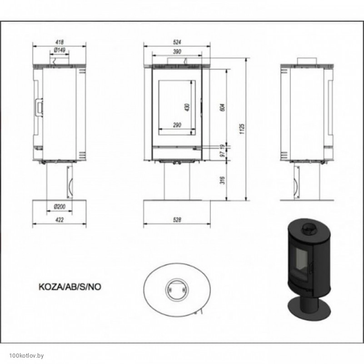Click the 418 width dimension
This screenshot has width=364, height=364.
point(60,42)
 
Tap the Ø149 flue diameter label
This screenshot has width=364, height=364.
point(60,50)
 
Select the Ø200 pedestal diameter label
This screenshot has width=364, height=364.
point(60,206)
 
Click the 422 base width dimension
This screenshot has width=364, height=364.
point(60,219)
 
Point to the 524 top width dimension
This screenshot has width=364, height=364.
point(177,42)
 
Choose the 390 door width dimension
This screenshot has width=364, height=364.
point(177,52)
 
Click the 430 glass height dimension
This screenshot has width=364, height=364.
point(188,107)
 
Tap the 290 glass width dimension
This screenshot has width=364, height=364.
point(177,125)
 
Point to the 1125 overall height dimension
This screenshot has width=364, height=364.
point(242,129)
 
